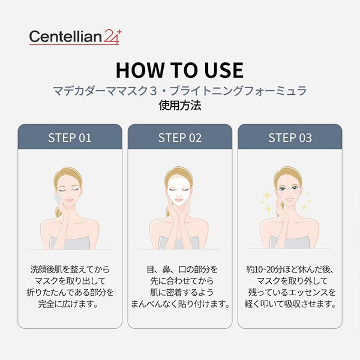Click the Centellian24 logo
coord(75,37)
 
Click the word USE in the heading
coord(224,70)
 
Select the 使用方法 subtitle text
coord(180,106)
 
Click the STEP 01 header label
coord(70,138)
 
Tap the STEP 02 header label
coord(180,138)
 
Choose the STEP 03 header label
coord(290,138)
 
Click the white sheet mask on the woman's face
coord(179,193)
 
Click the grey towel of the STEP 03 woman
coord(290,242)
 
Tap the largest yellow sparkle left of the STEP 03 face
coord(267,195)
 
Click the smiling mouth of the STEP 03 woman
coord(289,200)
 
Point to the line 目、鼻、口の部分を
coord(182,269)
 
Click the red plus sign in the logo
coord(119,32)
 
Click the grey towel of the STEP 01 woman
coord(70,243)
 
